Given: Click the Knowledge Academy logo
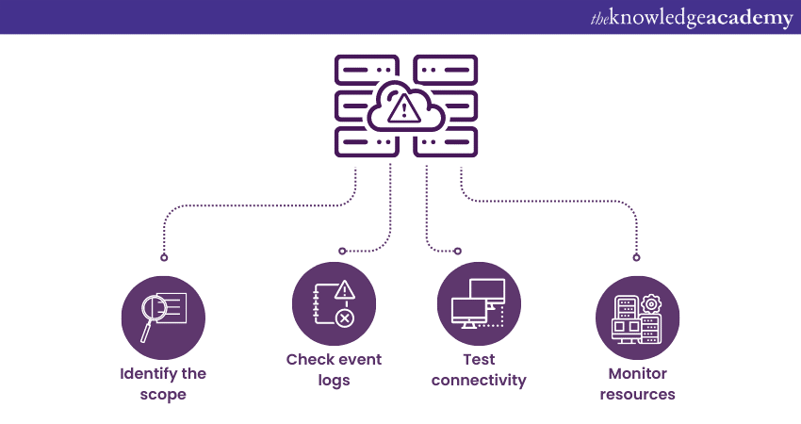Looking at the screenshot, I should click(x=692, y=18).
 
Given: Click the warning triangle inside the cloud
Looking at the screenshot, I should click(x=406, y=109).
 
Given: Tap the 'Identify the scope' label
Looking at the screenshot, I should click(x=163, y=383).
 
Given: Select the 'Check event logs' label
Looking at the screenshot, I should click(x=334, y=369).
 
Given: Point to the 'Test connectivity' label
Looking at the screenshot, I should click(x=479, y=369).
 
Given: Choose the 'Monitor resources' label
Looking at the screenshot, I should click(x=637, y=383).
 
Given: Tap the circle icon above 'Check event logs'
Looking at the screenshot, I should click(x=334, y=303).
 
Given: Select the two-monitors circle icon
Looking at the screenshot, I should click(x=479, y=303).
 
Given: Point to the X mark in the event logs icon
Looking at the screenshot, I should click(x=345, y=318).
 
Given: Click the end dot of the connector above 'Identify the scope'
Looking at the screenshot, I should click(x=164, y=257).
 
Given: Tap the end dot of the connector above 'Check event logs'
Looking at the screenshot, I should click(x=342, y=251).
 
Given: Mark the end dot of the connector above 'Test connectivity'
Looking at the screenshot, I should click(x=458, y=251).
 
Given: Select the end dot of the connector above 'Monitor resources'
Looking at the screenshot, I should click(x=636, y=257).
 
